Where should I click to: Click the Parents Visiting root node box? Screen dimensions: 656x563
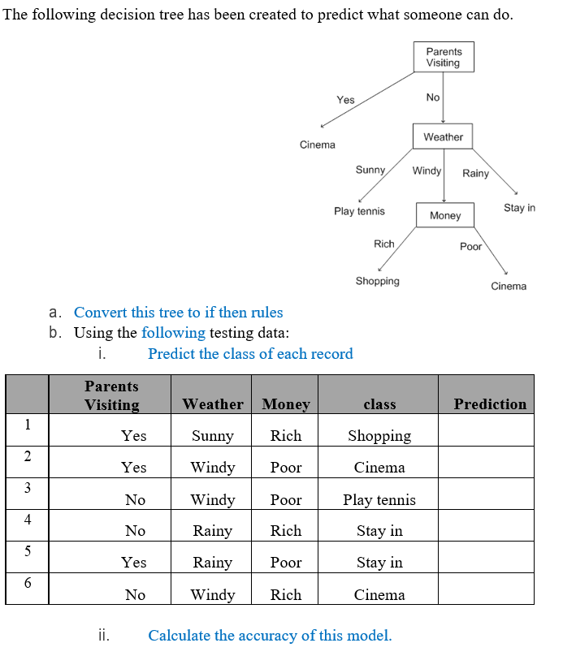point(443,58)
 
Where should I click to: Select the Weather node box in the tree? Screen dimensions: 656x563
point(443,137)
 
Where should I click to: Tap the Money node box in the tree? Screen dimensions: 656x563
point(445,215)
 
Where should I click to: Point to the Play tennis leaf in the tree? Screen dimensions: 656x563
point(359,211)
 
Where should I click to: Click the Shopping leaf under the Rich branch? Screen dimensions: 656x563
point(377,281)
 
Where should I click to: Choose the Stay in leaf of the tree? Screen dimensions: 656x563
point(519,208)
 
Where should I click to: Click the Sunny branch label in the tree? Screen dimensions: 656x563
point(370,170)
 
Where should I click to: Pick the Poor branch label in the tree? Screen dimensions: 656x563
point(470,247)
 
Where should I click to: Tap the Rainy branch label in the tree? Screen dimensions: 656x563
point(475,173)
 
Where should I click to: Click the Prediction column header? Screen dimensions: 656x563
point(490,404)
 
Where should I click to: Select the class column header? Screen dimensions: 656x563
point(379,404)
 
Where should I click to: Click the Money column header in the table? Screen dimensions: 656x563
point(286,404)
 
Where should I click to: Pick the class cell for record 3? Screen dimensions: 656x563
point(379,500)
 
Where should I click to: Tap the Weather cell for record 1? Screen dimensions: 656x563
point(212,436)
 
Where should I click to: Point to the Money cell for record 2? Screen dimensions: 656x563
point(286,468)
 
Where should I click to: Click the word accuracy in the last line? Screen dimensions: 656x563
point(269,636)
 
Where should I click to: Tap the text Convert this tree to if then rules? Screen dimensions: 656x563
point(178,313)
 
